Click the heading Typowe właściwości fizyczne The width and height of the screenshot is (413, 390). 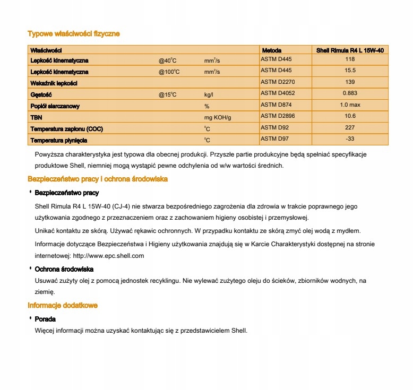(x=74, y=34)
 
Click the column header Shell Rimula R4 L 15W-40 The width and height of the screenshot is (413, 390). (x=350, y=50)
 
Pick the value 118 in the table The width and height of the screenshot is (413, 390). (x=350, y=59)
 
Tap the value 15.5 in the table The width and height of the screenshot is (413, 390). (x=350, y=71)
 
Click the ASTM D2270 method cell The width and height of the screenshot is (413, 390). (x=277, y=82)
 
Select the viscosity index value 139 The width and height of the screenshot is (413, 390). (x=350, y=82)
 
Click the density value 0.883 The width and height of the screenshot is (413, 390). (x=350, y=94)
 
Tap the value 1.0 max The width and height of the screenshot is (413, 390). (x=350, y=105)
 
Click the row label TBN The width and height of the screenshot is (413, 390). (x=36, y=117)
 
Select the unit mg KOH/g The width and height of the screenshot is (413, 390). (x=218, y=117)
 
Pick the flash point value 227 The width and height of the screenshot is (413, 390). (x=350, y=127)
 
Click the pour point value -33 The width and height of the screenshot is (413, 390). (x=350, y=139)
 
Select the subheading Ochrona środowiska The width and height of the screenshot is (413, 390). (x=64, y=269)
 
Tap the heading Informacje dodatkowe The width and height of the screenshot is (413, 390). (x=63, y=306)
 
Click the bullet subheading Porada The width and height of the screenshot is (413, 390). (x=45, y=319)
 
